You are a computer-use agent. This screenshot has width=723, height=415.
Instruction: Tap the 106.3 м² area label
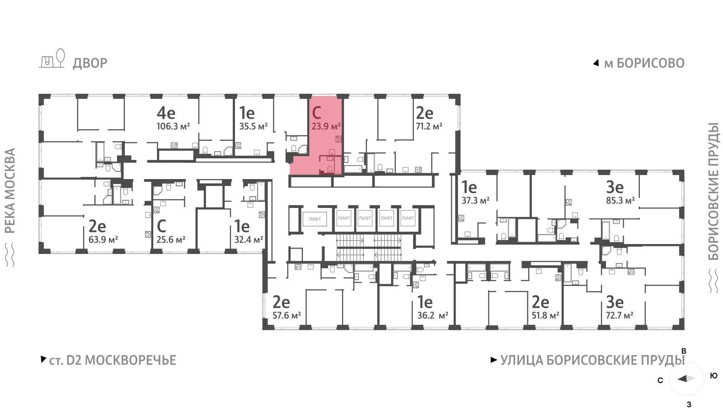[x=173, y=126]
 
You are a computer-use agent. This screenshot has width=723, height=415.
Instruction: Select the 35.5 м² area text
[x=254, y=126]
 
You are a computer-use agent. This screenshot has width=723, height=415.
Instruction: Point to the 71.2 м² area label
[x=429, y=126]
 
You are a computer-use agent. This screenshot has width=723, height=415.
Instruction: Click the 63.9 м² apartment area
[x=103, y=240]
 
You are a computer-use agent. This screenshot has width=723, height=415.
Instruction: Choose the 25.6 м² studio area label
[x=171, y=240]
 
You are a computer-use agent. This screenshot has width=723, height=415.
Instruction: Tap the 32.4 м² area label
[x=249, y=240]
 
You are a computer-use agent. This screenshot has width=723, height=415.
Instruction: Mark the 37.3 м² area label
[x=475, y=201]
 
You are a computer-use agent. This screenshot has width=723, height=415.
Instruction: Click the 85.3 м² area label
[x=620, y=201]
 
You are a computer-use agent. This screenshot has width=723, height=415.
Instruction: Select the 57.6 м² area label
[x=286, y=315]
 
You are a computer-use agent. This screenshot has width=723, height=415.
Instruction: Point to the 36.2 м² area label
[x=433, y=315]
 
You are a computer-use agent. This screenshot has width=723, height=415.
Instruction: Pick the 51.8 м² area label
[x=545, y=315]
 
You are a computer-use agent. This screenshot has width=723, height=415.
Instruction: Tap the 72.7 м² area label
[x=620, y=315]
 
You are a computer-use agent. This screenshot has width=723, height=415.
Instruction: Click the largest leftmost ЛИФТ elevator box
[x=315, y=219]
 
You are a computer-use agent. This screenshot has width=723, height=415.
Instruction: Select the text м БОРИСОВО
[x=644, y=63]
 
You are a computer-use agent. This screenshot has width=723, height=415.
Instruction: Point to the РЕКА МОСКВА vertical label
[x=10, y=191]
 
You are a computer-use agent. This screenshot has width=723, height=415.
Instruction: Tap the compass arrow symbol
[x=686, y=378]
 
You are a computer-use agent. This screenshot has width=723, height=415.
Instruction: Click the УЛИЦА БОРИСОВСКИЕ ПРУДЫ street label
[x=592, y=360]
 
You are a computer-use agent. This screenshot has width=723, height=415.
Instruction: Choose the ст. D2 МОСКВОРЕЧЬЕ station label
[x=113, y=360]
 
